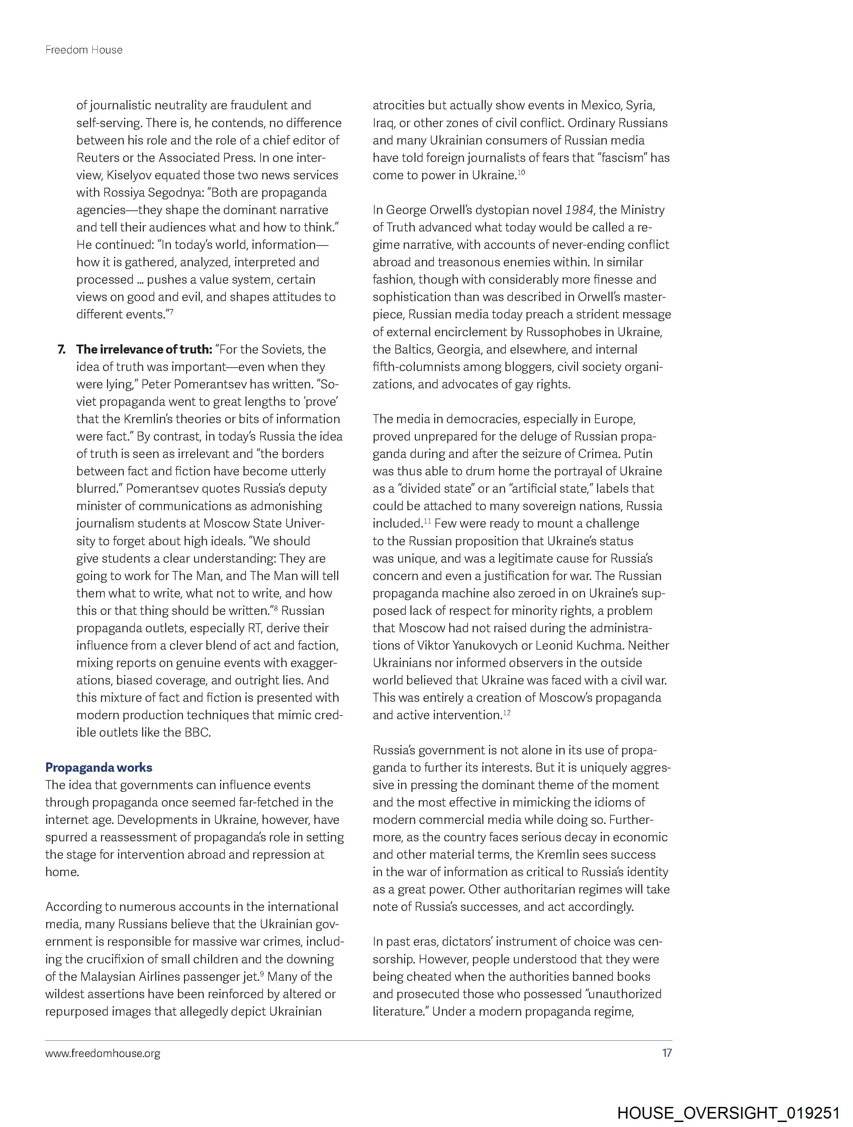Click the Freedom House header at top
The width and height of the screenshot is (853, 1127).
84,50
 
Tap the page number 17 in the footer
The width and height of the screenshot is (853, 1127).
666,1053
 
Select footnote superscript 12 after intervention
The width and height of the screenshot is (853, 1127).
506,713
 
